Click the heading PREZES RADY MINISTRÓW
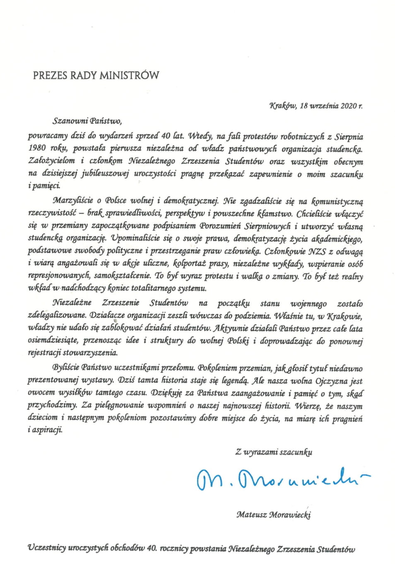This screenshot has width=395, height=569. (x=96, y=75)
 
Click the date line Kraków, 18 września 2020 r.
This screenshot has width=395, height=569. (x=316, y=106)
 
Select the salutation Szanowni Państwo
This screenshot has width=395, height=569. (x=87, y=122)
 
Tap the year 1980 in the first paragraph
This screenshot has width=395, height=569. (x=37, y=148)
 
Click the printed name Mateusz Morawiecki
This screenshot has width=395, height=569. (x=273, y=515)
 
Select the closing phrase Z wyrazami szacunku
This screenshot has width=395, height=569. (x=274, y=452)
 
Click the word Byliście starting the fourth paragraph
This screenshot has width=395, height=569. (x=66, y=367)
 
